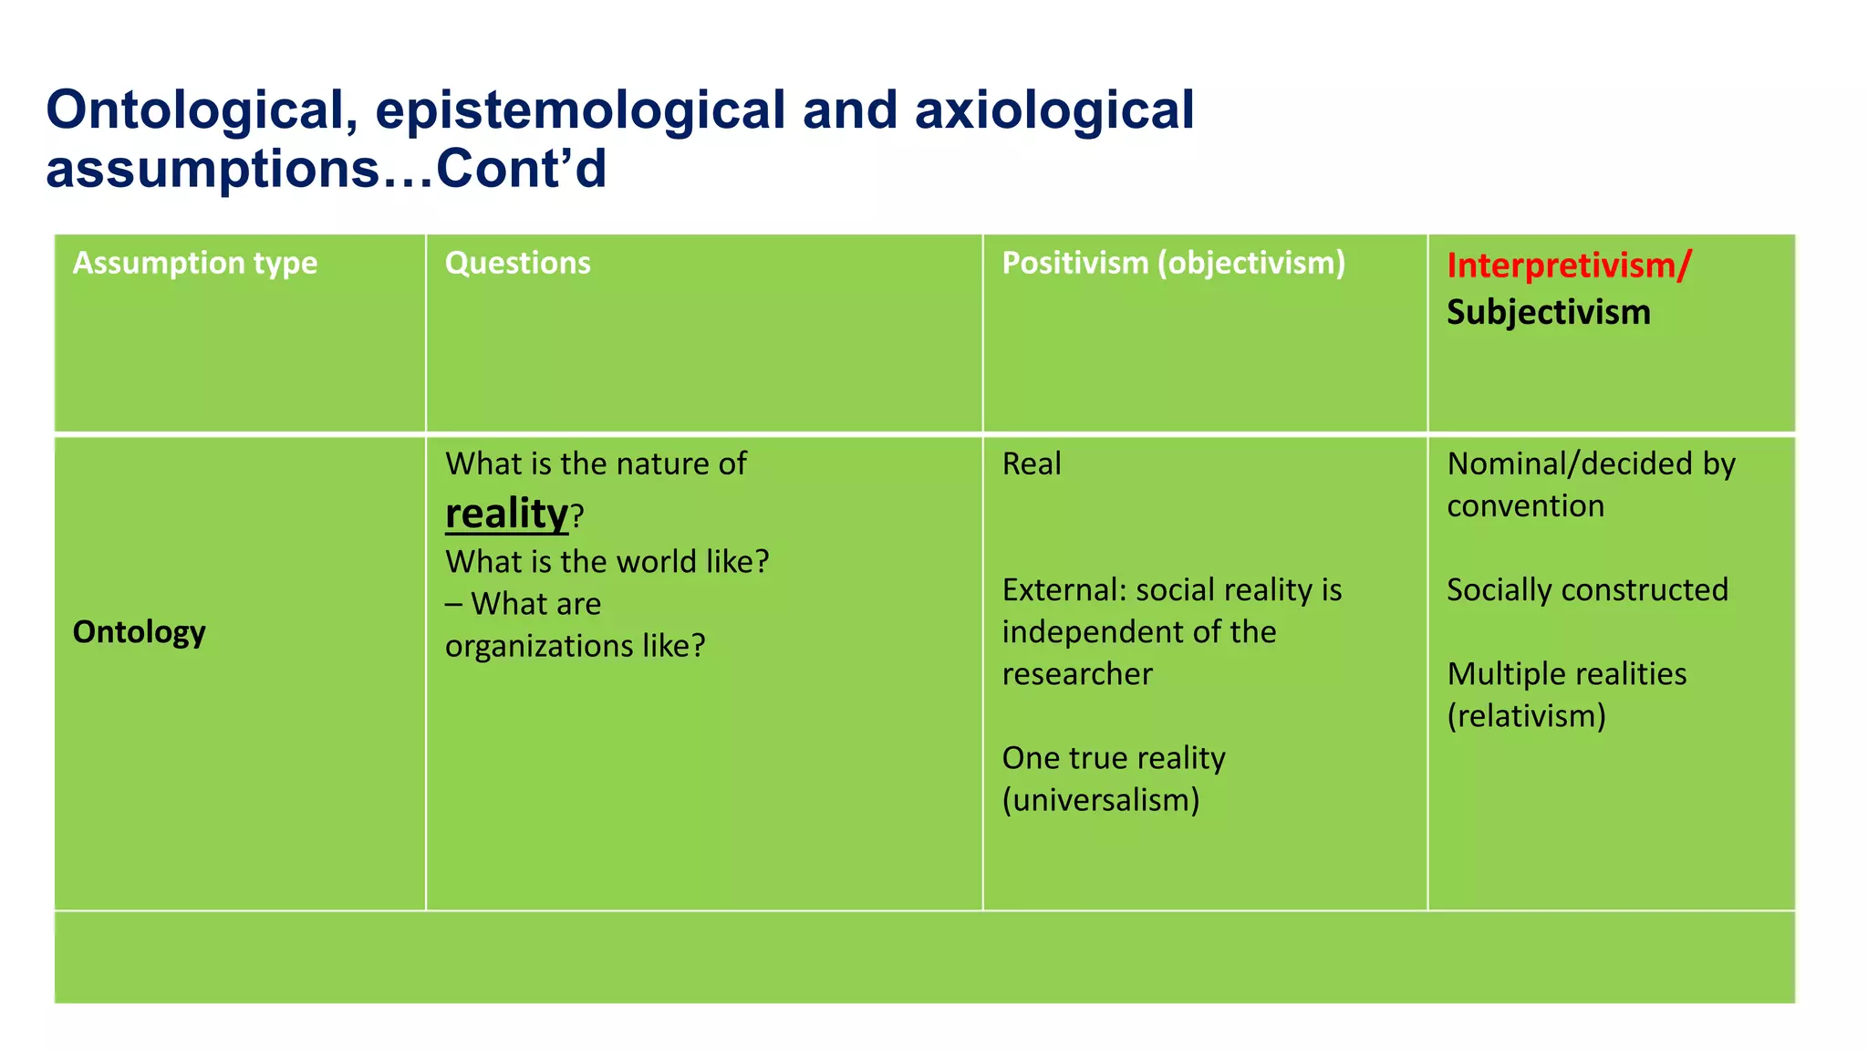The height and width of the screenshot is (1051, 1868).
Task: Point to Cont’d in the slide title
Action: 521,170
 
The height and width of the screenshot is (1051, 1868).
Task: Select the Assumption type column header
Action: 195,263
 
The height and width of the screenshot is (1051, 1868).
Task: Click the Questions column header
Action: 517,263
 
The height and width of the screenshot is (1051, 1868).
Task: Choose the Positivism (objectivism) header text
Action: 1173,263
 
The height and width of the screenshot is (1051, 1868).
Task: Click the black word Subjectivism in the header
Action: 1548,312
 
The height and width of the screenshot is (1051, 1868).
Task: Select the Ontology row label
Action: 139,631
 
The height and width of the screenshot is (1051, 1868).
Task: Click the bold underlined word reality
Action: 506,514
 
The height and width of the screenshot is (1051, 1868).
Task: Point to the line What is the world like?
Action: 607,561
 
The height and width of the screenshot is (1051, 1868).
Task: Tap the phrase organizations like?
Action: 575,646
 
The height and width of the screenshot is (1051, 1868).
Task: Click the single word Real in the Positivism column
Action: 1032,463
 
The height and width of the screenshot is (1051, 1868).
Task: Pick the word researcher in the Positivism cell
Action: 1077,674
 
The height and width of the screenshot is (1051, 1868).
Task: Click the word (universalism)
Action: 1101,800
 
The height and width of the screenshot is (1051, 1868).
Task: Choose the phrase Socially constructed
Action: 1587,590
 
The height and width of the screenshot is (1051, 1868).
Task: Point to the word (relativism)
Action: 1526,716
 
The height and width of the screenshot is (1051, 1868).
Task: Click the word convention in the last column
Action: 1525,506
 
